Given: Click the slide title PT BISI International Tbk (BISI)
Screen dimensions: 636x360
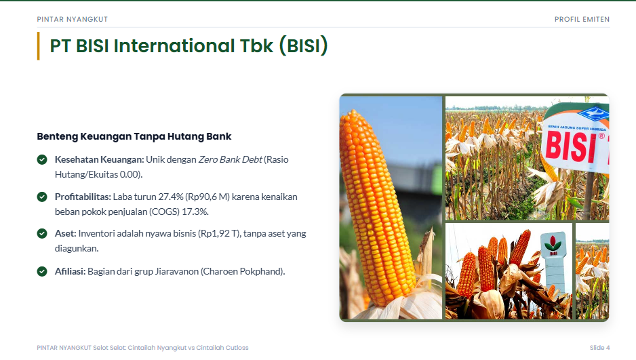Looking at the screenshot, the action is (188, 46).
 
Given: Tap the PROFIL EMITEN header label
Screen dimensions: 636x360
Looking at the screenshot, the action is (582, 19).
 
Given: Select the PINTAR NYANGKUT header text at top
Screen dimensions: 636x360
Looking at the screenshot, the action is (72, 19).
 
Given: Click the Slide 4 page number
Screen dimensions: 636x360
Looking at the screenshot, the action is (599, 347).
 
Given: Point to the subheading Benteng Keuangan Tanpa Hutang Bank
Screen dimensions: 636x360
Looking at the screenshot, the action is (134, 136).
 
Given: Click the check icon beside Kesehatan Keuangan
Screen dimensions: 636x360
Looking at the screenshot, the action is (42, 159).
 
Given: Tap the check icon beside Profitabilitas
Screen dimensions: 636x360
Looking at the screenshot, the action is (42, 197).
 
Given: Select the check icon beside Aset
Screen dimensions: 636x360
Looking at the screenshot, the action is (42, 233).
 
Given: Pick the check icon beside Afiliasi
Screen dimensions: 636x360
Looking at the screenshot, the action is (42, 271).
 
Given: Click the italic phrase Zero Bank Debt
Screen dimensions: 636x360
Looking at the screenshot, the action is (230, 159).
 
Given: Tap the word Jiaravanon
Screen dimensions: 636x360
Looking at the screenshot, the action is (177, 271).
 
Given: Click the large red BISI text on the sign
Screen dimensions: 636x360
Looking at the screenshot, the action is (571, 146).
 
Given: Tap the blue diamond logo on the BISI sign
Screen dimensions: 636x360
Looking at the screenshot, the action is (593, 113).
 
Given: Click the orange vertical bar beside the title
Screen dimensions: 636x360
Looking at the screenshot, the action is (38, 46).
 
